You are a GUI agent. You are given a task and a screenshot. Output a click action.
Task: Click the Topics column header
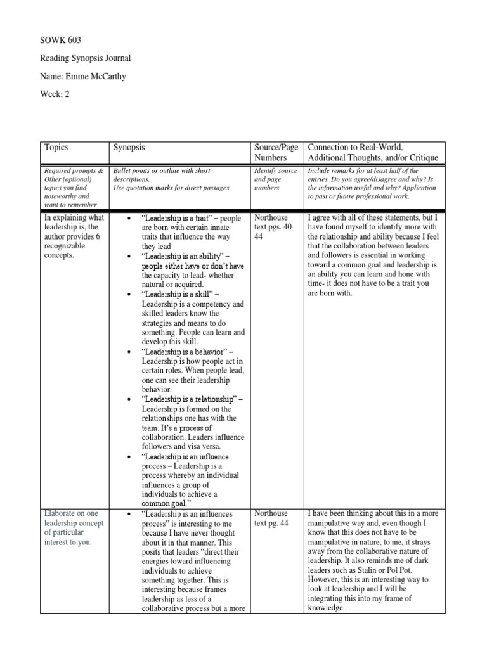pyautogui.click(x=56, y=147)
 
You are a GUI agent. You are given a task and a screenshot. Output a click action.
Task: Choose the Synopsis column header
pyautogui.click(x=129, y=147)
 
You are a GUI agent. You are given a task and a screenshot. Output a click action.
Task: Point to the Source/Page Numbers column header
pyautogui.click(x=276, y=152)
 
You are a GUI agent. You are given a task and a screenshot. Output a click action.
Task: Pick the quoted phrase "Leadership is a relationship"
pyautogui.click(x=188, y=399)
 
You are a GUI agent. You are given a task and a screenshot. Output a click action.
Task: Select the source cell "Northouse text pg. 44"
pyautogui.click(x=271, y=518)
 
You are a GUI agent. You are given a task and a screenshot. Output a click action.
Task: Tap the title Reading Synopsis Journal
pyautogui.click(x=85, y=58)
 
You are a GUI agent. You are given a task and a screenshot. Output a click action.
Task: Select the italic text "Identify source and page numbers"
pyautogui.click(x=275, y=179)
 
